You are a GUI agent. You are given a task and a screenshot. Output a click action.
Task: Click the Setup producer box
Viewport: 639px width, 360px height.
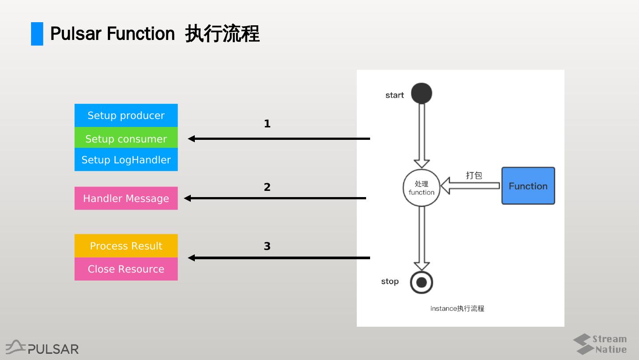126,115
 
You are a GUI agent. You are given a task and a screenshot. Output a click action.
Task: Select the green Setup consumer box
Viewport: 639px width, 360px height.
126,138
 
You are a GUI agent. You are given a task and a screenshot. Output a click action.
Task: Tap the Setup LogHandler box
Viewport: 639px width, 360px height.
126,160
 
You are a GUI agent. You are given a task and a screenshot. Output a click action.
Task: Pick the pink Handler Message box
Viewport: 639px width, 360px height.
126,198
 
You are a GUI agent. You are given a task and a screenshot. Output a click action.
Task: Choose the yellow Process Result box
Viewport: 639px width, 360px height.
126,246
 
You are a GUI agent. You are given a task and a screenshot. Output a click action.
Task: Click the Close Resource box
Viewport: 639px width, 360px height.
126,269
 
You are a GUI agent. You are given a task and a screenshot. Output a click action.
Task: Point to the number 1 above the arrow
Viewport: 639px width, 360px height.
267,124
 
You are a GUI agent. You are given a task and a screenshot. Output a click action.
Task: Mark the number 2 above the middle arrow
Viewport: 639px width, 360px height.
267,187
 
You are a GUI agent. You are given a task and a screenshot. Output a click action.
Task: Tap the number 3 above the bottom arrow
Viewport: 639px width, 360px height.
267,246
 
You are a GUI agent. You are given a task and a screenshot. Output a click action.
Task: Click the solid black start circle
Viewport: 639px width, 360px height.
422,93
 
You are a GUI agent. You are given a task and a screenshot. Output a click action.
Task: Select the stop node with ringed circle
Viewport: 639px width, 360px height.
422,282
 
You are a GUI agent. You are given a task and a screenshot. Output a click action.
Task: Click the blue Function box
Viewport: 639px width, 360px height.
528,186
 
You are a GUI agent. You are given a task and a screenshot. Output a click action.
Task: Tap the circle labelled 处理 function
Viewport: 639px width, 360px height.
422,188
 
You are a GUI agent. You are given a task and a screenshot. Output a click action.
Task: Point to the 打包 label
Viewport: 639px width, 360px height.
474,175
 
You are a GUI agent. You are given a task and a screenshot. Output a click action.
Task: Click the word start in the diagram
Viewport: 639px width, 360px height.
394,95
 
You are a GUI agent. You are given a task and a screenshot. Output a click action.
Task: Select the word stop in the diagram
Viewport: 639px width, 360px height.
390,281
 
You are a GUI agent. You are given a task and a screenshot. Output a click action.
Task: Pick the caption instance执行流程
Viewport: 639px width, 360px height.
457,309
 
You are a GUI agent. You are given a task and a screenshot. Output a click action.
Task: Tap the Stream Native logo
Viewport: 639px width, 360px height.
600,344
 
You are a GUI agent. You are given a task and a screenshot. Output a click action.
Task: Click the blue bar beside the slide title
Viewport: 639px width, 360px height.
37,34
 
